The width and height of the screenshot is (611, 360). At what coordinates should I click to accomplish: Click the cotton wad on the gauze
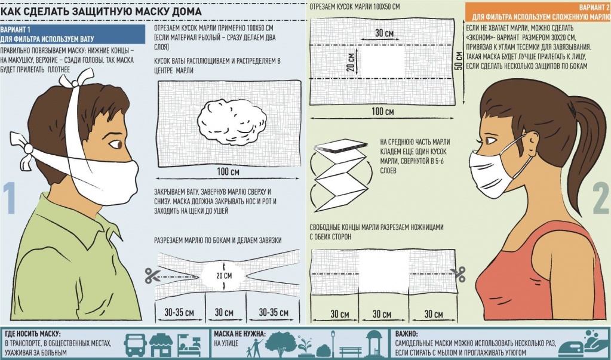point(232,122)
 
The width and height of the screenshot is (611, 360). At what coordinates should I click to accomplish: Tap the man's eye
point(116,144)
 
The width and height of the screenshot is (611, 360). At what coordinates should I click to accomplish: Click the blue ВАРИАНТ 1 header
point(72,34)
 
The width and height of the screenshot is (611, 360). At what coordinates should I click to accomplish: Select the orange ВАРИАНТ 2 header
point(538,13)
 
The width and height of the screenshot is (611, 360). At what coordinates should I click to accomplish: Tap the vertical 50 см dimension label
point(459,61)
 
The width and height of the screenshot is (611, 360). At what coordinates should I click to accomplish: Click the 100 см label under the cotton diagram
point(228,171)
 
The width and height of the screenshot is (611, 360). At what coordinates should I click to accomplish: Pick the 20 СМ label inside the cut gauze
point(224,276)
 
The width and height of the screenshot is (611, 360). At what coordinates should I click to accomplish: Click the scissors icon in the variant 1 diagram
point(153,276)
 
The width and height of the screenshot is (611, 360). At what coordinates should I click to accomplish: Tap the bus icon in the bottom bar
point(135,345)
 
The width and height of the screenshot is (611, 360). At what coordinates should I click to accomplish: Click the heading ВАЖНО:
point(406,334)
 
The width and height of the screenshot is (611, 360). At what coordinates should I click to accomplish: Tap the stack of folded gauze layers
point(340,146)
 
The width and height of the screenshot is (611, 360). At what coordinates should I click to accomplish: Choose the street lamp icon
point(333,343)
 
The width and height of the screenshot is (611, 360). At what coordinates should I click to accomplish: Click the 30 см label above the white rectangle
point(384,33)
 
